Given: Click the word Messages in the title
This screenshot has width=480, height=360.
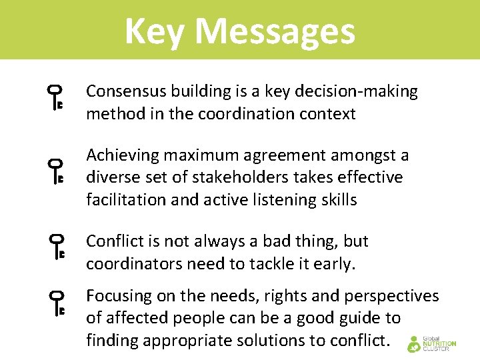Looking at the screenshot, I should click(275, 31).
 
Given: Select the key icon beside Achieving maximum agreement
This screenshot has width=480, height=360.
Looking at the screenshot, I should click(56, 171).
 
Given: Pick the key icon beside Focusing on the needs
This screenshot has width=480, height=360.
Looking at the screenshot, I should click(56, 301).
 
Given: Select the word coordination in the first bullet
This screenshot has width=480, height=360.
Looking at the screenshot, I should click(239, 114).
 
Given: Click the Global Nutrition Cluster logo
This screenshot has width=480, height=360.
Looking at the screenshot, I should click(431, 343).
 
